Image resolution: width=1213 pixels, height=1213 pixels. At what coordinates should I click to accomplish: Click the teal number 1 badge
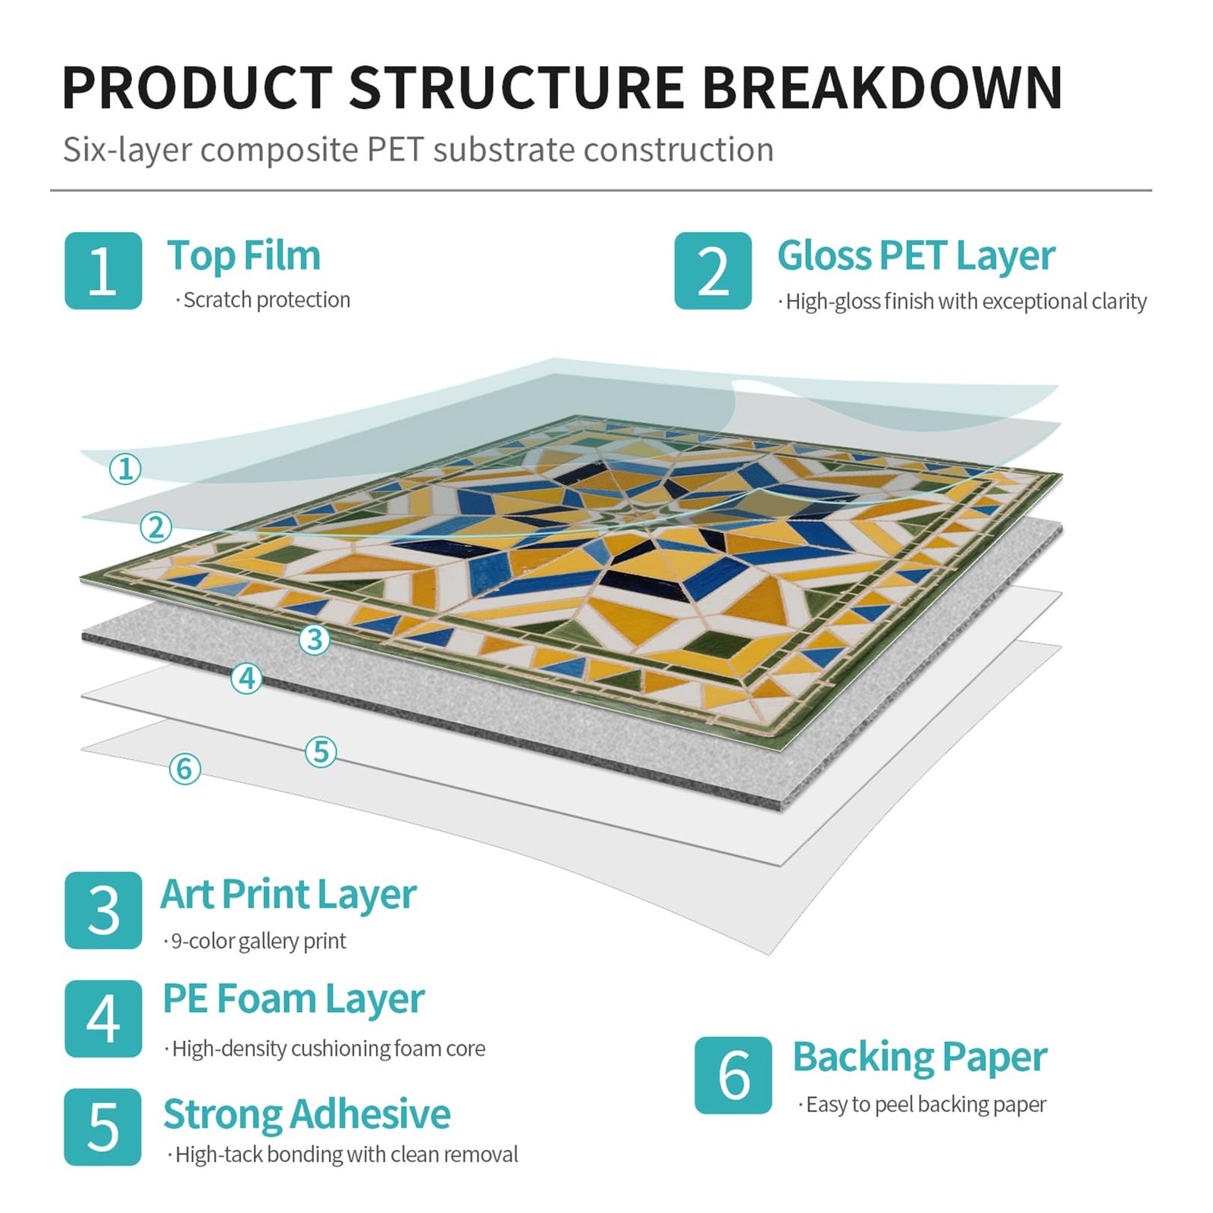click(103, 271)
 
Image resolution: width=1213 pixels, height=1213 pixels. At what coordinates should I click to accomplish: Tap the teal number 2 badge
click(713, 271)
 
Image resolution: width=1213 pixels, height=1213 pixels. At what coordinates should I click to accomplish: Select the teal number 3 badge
click(103, 910)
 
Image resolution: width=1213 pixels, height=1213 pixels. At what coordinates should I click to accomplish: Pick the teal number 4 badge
click(103, 1018)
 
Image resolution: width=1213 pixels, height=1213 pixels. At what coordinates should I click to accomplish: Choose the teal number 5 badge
click(103, 1127)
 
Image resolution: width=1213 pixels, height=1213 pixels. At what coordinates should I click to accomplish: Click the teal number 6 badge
click(732, 1074)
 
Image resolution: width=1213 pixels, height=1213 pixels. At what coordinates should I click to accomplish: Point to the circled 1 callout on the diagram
click(125, 469)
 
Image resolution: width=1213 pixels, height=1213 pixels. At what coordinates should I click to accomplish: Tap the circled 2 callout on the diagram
click(156, 526)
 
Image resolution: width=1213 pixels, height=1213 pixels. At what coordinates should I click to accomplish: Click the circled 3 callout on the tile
click(315, 639)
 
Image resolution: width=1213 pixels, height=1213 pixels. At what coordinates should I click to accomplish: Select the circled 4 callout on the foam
click(246, 678)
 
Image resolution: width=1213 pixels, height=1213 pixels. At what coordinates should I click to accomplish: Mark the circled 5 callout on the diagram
click(321, 751)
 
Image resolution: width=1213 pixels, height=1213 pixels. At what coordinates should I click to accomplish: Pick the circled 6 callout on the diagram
click(185, 769)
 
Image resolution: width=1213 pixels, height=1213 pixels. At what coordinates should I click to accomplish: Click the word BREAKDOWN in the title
click(882, 88)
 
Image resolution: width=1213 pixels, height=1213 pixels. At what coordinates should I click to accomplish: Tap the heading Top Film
click(243, 255)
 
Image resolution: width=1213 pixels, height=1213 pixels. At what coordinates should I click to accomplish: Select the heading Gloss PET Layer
click(916, 255)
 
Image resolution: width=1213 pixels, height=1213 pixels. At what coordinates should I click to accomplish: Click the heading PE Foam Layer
click(293, 998)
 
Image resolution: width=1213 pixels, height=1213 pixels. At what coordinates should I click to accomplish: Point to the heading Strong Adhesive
click(306, 1114)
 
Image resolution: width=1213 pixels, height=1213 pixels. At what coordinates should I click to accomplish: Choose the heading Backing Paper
click(920, 1057)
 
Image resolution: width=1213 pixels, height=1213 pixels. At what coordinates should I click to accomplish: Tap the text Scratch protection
click(266, 300)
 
